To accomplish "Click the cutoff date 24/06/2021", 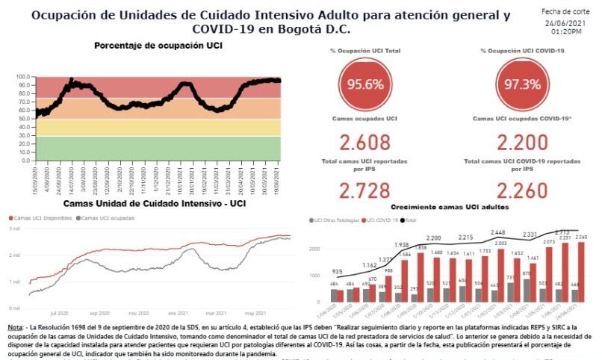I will tap(567, 22).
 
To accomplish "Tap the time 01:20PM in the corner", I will tap(567, 32).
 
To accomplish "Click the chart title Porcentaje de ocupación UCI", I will tap(158, 46).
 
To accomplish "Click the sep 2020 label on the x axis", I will tap(100, 314).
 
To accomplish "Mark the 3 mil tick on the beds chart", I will tap(14, 229).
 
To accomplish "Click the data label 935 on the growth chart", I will tap(338, 273).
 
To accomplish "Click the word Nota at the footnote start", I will tap(15, 329).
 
